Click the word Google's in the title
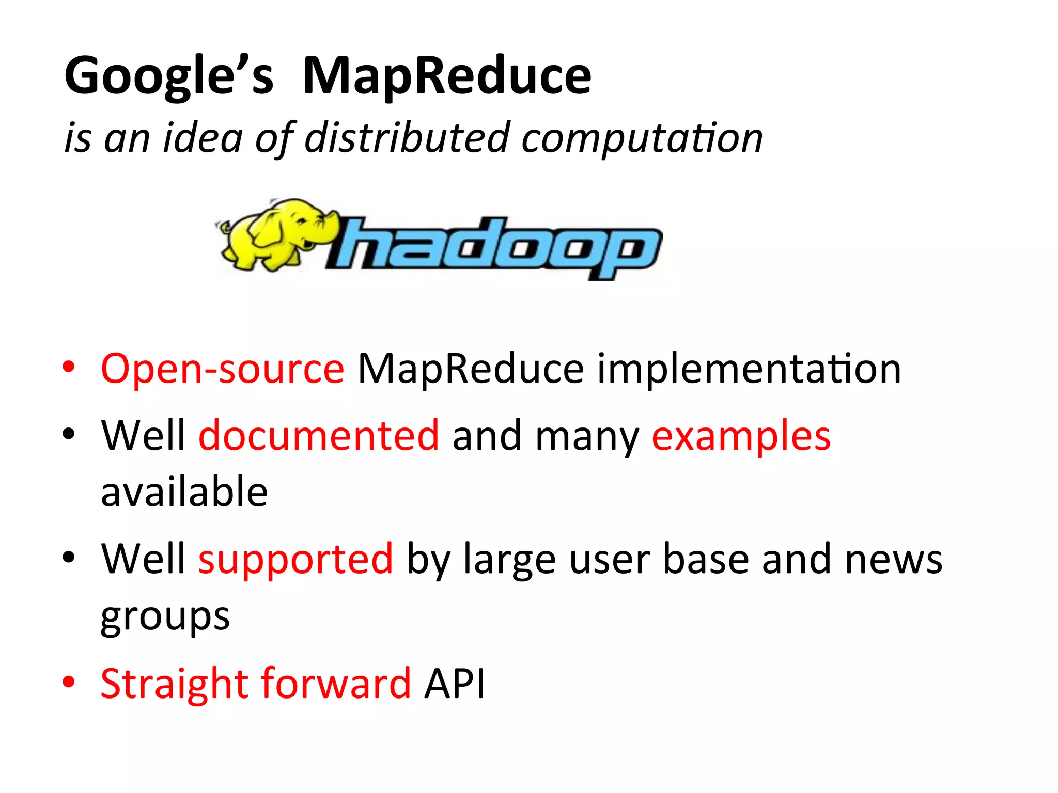click(x=168, y=76)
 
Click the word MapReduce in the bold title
click(x=446, y=76)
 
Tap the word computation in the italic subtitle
click(x=642, y=139)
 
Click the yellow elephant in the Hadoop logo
click(x=273, y=235)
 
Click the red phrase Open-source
click(x=222, y=369)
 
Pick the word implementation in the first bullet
click(x=749, y=369)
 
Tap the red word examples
click(x=741, y=436)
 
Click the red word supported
click(x=295, y=559)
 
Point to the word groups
click(x=165, y=616)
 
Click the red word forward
click(x=336, y=684)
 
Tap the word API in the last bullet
click(x=455, y=684)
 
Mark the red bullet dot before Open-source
click(x=68, y=367)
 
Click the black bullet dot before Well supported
click(x=68, y=558)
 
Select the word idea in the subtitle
click(x=202, y=138)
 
